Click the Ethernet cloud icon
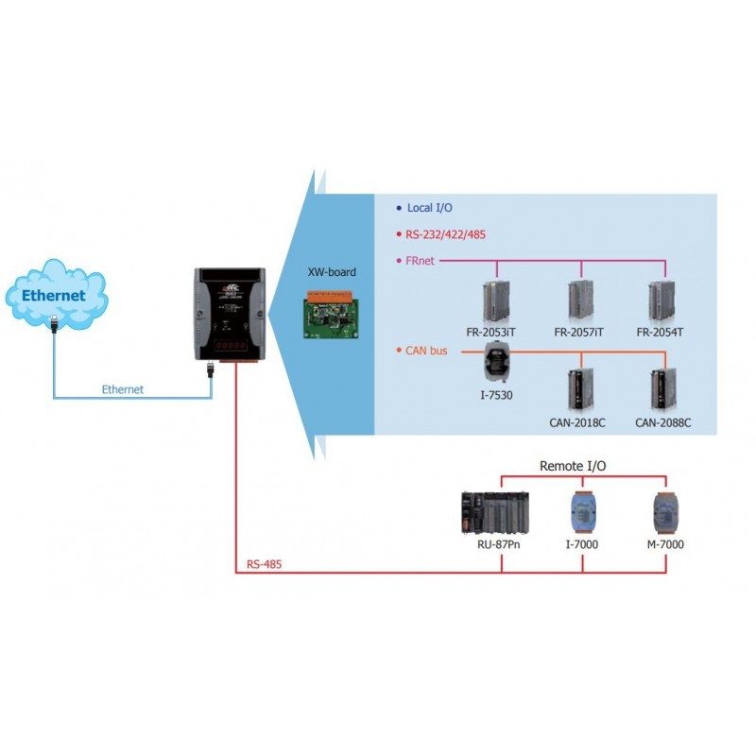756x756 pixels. coord(55,295)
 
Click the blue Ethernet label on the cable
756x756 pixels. coord(123,389)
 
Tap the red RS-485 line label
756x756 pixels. coord(264,564)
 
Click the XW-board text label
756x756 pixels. coord(332,271)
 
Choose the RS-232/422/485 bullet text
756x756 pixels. coord(446,233)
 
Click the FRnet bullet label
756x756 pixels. coord(420,260)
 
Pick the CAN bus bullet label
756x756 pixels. coord(426,351)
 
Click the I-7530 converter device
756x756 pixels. coord(493,363)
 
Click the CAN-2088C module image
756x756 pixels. coord(662,387)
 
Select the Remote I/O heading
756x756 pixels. coord(572,466)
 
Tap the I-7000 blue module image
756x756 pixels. coord(581,513)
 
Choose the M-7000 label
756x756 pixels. coord(666,545)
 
